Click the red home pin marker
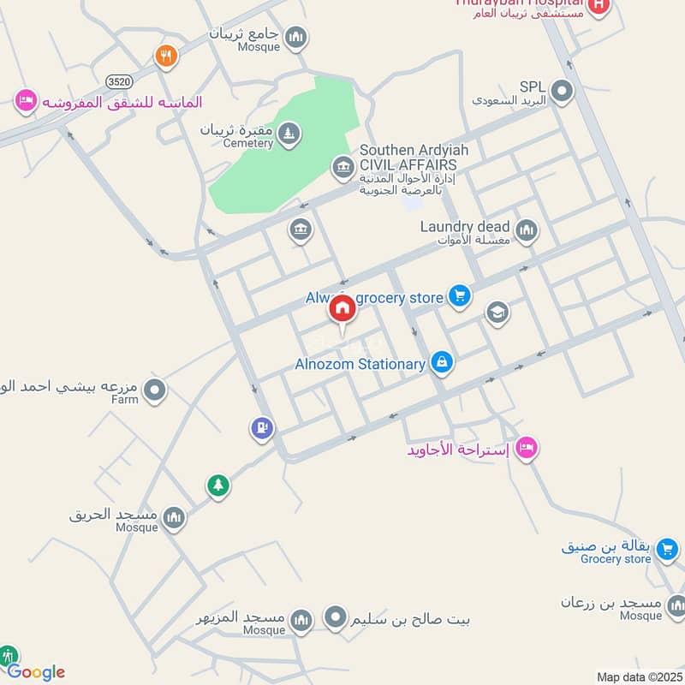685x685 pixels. pos(342,310)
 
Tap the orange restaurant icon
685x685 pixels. pos(165,57)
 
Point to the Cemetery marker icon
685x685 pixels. pos(290,133)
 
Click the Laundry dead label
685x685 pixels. pos(465,227)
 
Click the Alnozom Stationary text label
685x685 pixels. pos(360,364)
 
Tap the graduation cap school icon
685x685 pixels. pos(497,313)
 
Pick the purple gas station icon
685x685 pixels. pos(262,427)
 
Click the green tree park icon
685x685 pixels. pos(218,485)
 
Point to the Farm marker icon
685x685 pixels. pos(155,390)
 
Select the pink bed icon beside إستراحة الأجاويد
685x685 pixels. pos(527,446)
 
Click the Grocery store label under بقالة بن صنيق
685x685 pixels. pos(616,559)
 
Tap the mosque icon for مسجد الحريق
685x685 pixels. pos(174,517)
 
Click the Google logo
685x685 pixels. pos(37,672)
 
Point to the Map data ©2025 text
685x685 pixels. pos(637,676)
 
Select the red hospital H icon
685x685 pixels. pos(599,7)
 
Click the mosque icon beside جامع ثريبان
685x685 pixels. pos(296,37)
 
